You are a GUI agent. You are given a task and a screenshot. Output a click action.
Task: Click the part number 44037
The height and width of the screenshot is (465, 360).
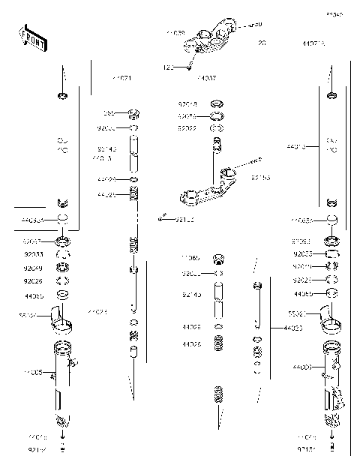pyautogui.click(x=206, y=78)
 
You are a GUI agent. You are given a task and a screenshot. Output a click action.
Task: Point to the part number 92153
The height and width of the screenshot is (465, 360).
pyautogui.click(x=260, y=178)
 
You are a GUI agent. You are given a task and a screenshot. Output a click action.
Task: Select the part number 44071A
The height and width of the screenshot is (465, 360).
pyautogui.click(x=313, y=43)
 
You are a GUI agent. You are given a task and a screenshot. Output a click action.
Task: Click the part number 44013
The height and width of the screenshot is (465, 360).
pyautogui.click(x=297, y=148)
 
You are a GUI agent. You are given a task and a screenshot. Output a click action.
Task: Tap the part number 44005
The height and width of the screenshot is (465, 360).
pyautogui.click(x=33, y=372)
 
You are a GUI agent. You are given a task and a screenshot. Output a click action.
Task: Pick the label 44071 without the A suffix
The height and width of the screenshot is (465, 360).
pyautogui.click(x=121, y=78)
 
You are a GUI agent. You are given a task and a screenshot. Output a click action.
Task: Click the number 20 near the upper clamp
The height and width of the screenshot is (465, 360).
pyautogui.click(x=262, y=43)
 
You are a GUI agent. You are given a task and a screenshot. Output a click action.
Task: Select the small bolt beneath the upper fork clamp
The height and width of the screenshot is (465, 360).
pyautogui.click(x=190, y=67)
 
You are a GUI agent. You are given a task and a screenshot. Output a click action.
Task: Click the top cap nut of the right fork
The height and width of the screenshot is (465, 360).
pyautogui.click(x=331, y=95)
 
